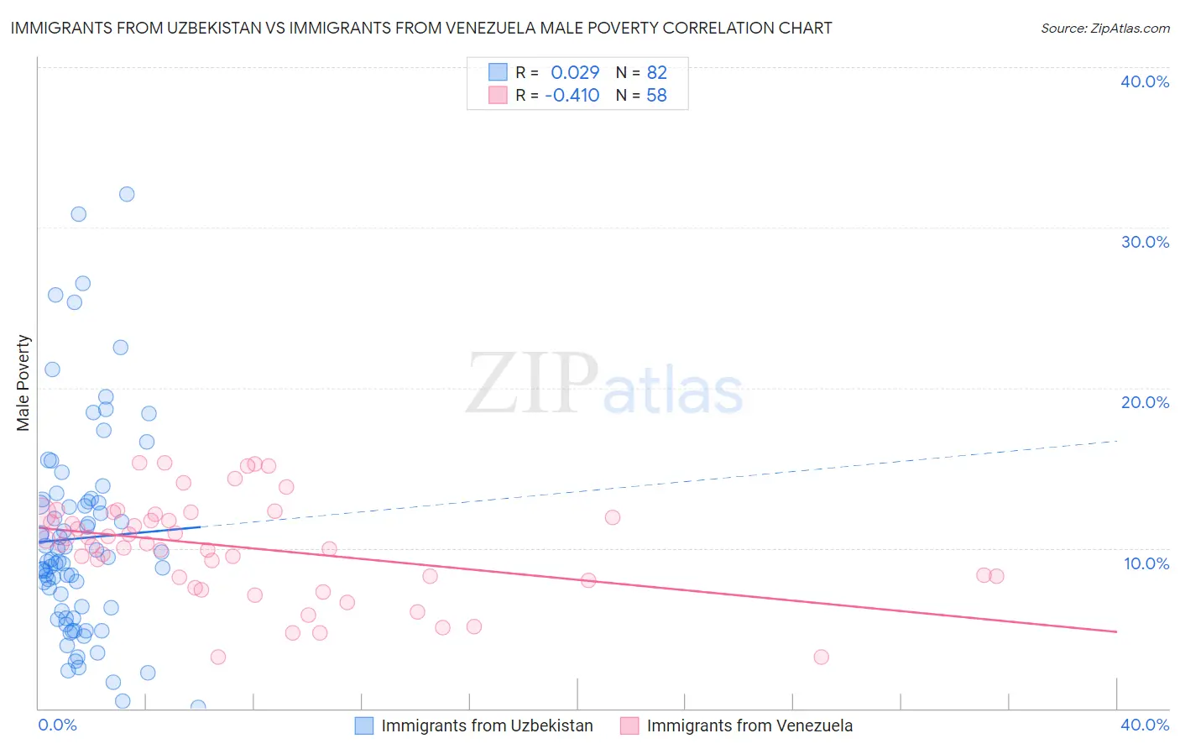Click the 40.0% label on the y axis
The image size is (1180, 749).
(1145, 81)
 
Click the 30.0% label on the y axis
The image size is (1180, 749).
(1145, 242)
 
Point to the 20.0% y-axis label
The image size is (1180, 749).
(1145, 402)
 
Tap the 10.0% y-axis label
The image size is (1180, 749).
(1146, 563)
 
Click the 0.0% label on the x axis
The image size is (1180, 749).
(57, 725)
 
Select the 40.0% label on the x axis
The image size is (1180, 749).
(1145, 725)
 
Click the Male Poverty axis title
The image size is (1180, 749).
(23, 383)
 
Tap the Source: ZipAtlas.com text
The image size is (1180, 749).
(1104, 28)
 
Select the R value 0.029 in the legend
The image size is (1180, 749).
(575, 73)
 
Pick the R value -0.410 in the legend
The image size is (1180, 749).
(572, 96)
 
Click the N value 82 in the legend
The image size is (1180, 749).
(656, 73)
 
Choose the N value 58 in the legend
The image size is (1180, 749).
(656, 96)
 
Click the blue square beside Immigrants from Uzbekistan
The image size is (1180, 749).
(363, 725)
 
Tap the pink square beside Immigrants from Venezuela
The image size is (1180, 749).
(629, 725)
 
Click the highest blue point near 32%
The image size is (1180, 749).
(127, 194)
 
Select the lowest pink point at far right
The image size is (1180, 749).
(821, 657)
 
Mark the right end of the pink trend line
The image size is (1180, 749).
(1117, 631)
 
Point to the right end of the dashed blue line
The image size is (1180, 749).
(1117, 440)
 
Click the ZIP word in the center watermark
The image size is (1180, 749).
(532, 384)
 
